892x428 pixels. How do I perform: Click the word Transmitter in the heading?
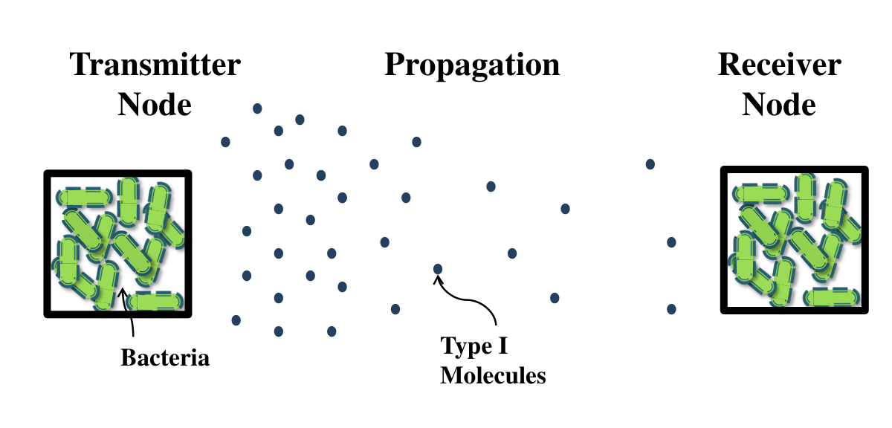155,65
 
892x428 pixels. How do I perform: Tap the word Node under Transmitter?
155,104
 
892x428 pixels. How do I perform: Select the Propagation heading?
472,66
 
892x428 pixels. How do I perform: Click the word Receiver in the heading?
779,65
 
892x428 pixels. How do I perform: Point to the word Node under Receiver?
779,104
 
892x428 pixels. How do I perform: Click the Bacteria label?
165,357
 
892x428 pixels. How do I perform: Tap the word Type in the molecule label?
465,347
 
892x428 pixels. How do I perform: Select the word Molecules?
493,375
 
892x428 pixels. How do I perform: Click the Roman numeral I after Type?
503,346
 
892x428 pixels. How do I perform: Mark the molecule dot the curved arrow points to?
438,269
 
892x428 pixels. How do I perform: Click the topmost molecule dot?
257,108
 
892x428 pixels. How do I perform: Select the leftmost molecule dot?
225,142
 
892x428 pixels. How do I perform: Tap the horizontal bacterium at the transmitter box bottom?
155,301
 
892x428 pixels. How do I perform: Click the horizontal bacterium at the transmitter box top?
84,197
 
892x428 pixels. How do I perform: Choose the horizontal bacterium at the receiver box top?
761,194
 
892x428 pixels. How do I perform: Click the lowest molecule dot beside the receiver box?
671,309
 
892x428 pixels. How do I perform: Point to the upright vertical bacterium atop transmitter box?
128,202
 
